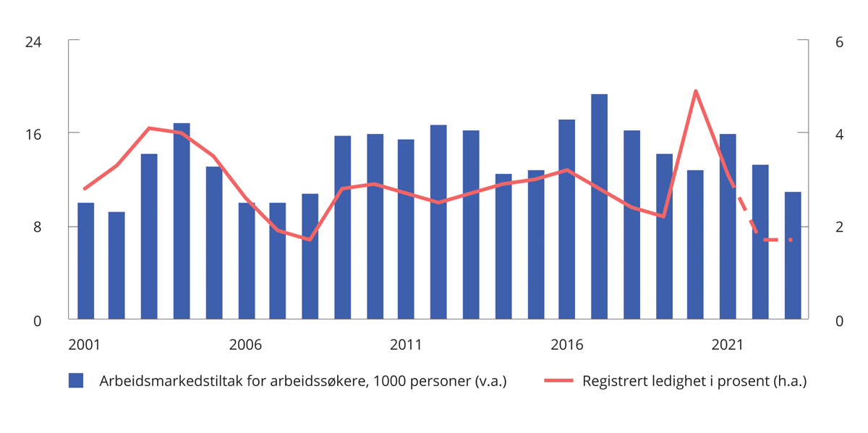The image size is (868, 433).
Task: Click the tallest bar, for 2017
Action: coord(599,206)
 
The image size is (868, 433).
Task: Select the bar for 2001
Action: coord(85,261)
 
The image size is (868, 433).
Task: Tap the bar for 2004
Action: coord(182,221)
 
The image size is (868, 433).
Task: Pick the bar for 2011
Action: coord(406,229)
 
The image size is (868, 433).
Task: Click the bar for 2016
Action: coord(566,219)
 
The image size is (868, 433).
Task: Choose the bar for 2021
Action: coord(728,226)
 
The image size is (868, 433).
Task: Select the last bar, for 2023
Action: coord(793,255)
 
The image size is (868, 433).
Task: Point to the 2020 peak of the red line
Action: coord(695,91)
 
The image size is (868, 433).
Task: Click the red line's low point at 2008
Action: coord(310,239)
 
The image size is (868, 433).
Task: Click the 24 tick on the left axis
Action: coord(33,42)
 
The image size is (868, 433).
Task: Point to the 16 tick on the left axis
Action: coord(33,134)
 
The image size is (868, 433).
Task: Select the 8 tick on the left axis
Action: coord(37,227)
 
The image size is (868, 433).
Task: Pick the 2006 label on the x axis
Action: coord(245,345)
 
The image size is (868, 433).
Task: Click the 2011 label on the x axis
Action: coord(406,345)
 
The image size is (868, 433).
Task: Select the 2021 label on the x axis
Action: coord(728,345)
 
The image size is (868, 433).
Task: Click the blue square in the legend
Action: coord(76,381)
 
